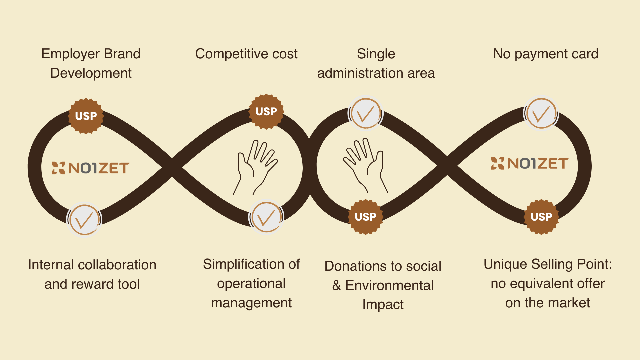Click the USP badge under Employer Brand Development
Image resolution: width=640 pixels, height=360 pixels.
pyautogui.click(x=86, y=116)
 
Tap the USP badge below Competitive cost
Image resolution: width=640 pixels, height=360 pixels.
pyautogui.click(x=266, y=111)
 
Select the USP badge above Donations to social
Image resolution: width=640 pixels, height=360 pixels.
pyautogui.click(x=366, y=217)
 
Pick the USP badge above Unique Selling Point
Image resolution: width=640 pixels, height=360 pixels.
pyautogui.click(x=541, y=217)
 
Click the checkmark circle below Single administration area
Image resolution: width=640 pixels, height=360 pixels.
pyautogui.click(x=366, y=113)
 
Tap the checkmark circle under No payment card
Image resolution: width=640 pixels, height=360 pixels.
pyautogui.click(x=541, y=113)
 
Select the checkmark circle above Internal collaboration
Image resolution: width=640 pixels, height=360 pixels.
pyautogui.click(x=84, y=220)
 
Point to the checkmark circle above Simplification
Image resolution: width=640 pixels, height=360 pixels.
pyautogui.click(x=266, y=217)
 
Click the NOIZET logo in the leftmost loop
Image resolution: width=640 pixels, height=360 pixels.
pyautogui.click(x=90, y=168)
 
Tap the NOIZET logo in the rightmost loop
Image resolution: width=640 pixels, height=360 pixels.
pyautogui.click(x=529, y=163)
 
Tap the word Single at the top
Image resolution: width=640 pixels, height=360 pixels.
pyautogui.click(x=376, y=54)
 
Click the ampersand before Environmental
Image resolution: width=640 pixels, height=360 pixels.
pyautogui.click(x=336, y=285)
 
